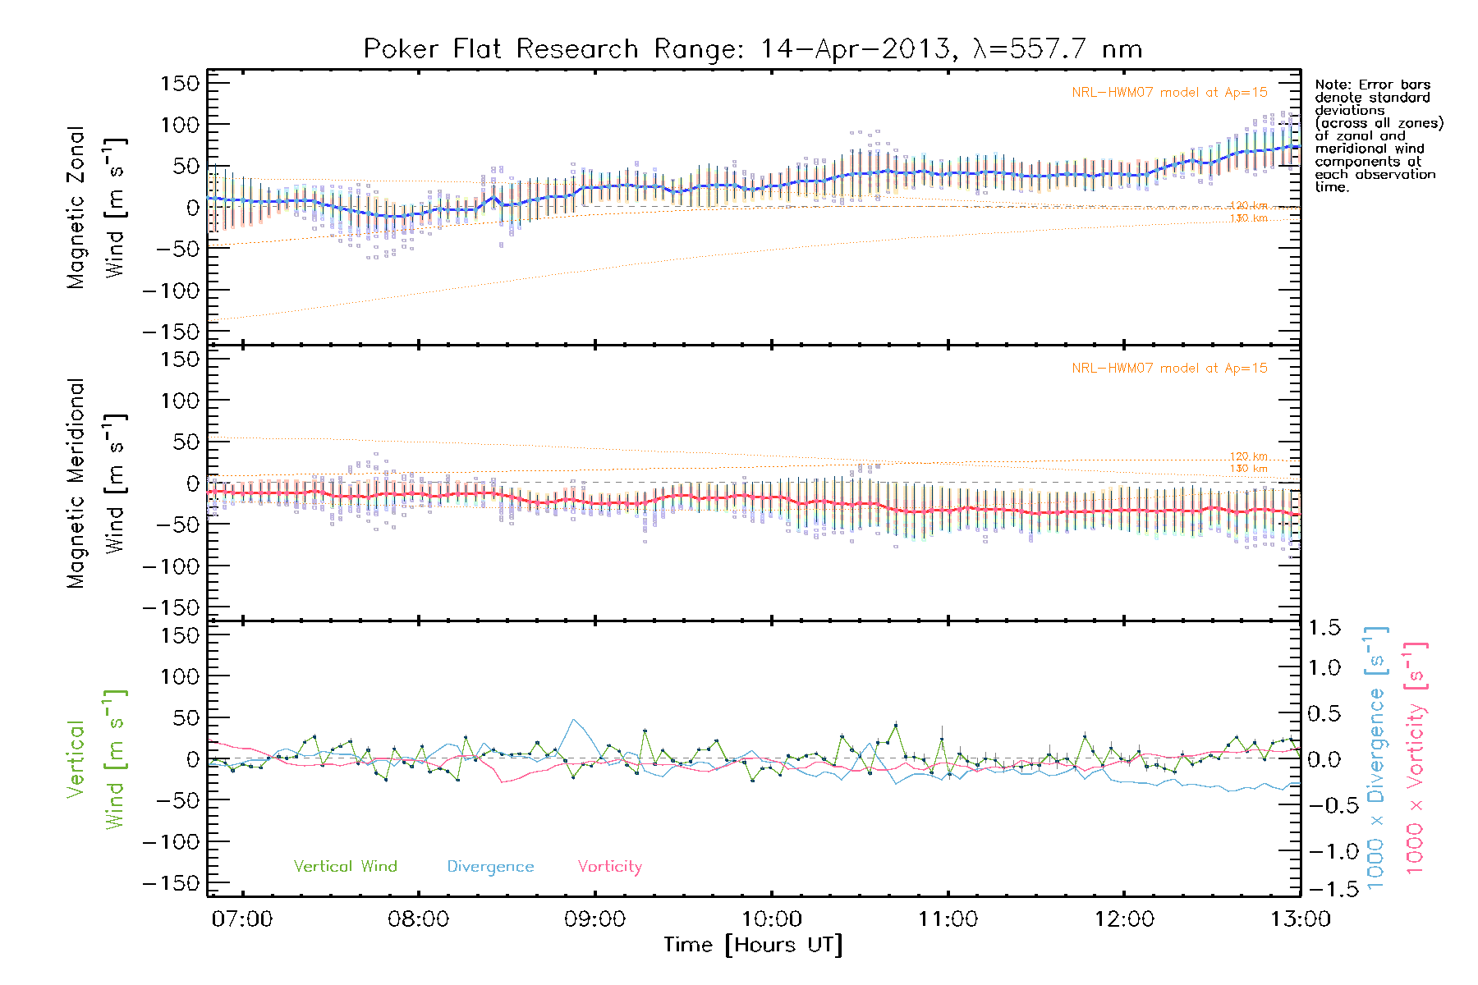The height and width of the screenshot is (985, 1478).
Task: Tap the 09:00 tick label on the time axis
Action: coord(594,919)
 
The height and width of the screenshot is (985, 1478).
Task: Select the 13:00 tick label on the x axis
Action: coord(1300,919)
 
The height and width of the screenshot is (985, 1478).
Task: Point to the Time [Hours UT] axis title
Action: coord(752,945)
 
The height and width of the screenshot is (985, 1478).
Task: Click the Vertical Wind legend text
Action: coord(345,866)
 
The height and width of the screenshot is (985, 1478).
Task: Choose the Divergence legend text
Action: coord(490,867)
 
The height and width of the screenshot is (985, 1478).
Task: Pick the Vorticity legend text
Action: coord(609,866)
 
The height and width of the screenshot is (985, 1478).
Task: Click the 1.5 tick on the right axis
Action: coord(1324,628)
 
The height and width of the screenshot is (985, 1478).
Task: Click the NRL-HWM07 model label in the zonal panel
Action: coord(1169,93)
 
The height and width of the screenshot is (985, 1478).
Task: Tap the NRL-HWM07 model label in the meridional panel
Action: coord(1169,369)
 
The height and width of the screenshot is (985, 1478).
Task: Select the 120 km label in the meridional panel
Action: coord(1248,456)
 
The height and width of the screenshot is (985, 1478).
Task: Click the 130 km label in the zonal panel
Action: coord(1248,218)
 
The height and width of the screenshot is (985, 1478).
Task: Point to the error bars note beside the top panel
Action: coord(1378,135)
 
